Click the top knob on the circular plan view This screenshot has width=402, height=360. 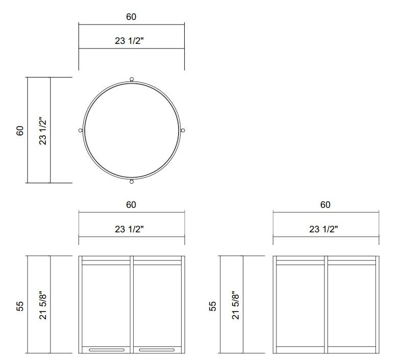[132, 79]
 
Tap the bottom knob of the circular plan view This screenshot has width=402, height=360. [132, 181]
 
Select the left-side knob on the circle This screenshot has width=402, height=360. [81, 131]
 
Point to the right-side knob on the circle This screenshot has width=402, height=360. [183, 131]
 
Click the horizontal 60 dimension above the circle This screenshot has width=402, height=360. [131, 17]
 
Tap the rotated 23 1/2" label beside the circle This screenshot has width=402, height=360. [43, 131]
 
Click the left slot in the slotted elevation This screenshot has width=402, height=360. [106, 350]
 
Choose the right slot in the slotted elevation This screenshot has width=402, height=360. [157, 350]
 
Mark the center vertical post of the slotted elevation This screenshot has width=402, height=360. [132, 304]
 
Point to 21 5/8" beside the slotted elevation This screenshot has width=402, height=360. [43, 305]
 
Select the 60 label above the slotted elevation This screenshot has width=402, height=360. [131, 205]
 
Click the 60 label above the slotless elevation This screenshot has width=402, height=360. [325, 205]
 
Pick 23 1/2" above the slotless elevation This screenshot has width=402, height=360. [323, 229]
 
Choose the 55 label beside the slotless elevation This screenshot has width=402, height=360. [213, 305]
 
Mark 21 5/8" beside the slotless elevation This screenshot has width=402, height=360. [236, 305]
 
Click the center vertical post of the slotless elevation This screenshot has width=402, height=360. [326, 304]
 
